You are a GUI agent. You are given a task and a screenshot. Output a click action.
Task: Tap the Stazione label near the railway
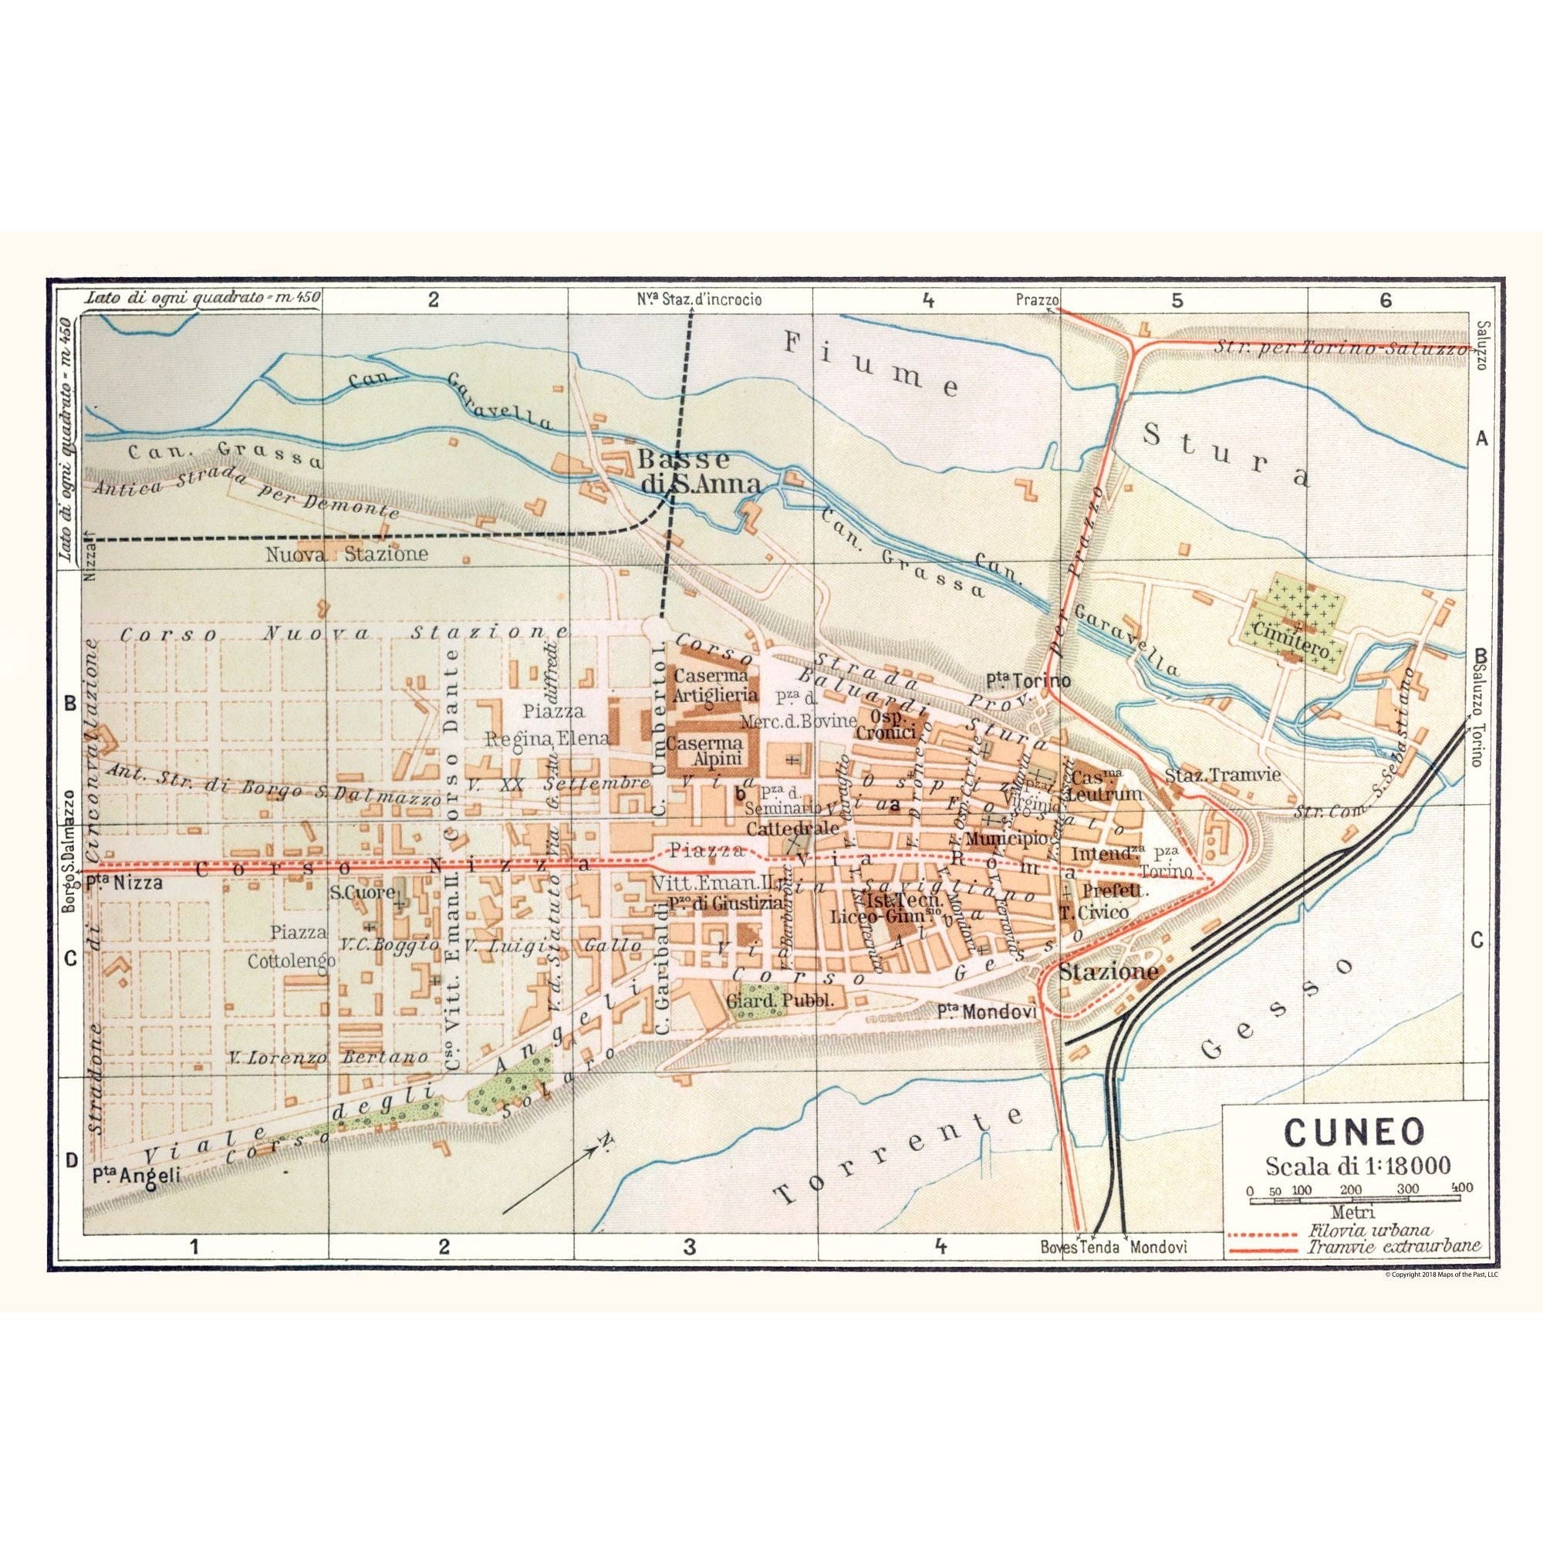tap(1108, 973)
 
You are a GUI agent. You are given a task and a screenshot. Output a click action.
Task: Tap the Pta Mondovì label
tap(988, 1012)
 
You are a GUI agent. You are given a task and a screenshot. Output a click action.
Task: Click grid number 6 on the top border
tap(1385, 322)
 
